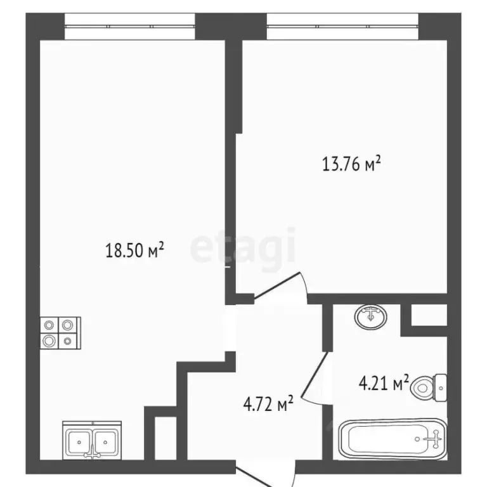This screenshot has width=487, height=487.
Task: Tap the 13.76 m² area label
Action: point(351,164)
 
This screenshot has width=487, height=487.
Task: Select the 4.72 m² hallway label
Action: point(268,403)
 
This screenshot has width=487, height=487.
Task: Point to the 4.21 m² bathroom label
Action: point(384,382)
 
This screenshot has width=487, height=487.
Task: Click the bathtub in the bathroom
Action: point(393,439)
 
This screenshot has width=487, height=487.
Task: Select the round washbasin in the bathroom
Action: point(370,317)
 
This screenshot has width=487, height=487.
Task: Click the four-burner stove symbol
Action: point(61,333)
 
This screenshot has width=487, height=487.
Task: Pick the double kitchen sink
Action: point(92,440)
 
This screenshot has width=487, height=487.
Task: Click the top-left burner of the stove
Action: point(49,325)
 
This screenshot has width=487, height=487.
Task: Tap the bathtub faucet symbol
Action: point(432,439)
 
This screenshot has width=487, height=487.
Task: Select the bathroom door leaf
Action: point(314,375)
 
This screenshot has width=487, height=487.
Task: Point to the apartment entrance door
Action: point(264,473)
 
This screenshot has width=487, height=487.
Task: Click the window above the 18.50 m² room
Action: point(130,27)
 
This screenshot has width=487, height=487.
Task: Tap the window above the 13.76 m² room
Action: point(343,27)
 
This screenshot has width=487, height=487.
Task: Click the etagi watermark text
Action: point(243,249)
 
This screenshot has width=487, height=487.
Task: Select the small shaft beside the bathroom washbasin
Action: point(429,315)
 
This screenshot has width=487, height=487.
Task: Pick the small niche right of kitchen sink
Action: point(166,438)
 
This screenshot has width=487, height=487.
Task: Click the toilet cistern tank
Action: point(441,388)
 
